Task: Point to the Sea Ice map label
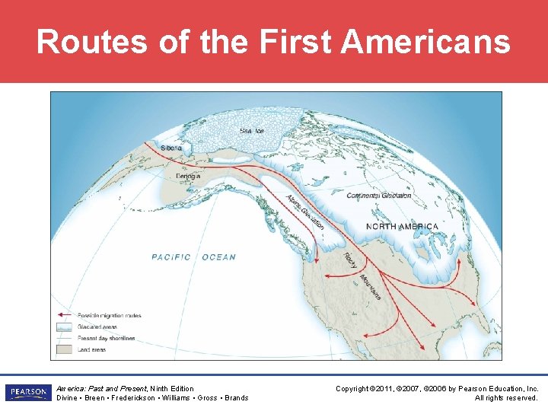click(252, 131)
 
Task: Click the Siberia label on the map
click(171, 148)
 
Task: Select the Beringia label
click(189, 177)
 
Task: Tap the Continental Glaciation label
click(379, 196)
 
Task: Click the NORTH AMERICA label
click(402, 226)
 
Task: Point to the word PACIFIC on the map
click(171, 257)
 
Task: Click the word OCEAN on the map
click(219, 257)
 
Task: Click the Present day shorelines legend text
click(107, 339)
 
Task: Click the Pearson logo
click(27, 392)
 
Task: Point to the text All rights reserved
click(507, 397)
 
